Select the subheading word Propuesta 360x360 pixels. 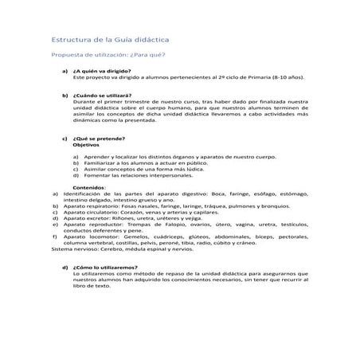(x=67, y=55)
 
